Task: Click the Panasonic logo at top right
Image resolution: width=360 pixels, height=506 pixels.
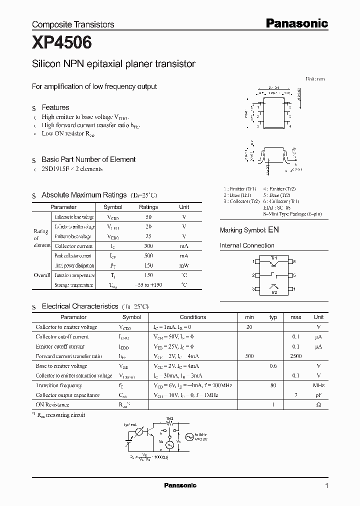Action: click(296, 23)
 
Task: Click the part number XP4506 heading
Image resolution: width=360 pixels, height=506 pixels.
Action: click(62, 43)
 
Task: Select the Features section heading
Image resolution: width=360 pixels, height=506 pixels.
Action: click(55, 107)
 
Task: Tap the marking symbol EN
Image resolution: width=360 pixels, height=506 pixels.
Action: click(273, 230)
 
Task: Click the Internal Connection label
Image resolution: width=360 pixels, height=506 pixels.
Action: click(247, 245)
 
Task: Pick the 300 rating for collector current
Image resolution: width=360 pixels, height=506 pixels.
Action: click(148, 246)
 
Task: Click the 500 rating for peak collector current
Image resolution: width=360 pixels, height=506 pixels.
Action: click(148, 255)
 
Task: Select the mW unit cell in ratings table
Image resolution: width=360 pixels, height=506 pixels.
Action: click(184, 265)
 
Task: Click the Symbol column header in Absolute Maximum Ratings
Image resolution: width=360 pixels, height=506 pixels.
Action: click(112, 207)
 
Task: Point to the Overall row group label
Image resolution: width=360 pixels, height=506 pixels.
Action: click(42, 275)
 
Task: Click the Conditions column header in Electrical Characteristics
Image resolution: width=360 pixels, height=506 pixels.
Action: click(192, 317)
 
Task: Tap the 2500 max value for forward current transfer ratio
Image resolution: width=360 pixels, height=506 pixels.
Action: click(296, 356)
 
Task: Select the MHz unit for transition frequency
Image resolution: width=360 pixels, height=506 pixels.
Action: click(318, 385)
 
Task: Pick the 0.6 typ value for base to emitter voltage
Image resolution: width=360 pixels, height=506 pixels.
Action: click(273, 366)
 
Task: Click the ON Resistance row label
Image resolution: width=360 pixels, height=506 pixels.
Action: click(52, 404)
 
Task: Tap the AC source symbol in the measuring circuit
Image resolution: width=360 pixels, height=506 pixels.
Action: click(190, 436)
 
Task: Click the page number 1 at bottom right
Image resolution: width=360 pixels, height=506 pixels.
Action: click(326, 486)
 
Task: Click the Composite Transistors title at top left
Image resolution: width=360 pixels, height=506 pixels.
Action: click(73, 24)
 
